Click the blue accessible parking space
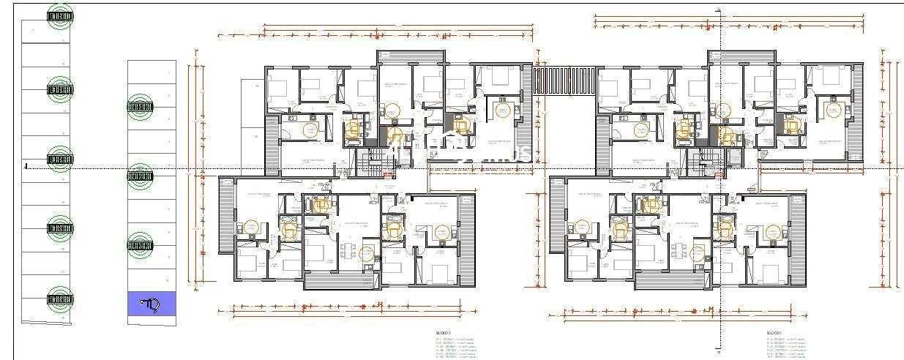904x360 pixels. pyautogui.click(x=152, y=304)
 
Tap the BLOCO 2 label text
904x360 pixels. pyautogui.click(x=444, y=333)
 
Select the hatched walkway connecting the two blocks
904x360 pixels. pyautogui.click(x=564, y=80)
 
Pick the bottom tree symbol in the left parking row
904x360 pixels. pyautogui.click(x=61, y=299)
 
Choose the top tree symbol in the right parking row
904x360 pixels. pyautogui.click(x=141, y=107)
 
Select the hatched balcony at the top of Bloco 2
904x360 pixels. pyautogui.click(x=411, y=57)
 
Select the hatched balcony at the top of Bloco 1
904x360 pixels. pyautogui.click(x=741, y=57)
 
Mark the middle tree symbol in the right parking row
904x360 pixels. pyautogui.click(x=141, y=177)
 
